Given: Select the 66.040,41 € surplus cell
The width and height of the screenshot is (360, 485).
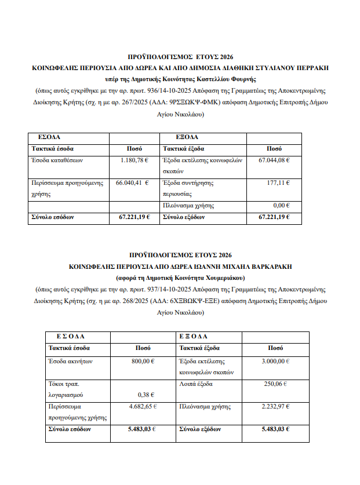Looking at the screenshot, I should [132, 183].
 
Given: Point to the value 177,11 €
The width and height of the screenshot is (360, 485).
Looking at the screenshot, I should [279, 183].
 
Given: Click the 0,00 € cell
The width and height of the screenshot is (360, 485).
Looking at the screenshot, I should [281, 206].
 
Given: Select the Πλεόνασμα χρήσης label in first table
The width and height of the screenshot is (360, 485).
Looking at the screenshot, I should [188, 206].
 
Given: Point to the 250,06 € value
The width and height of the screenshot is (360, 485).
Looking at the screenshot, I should [277, 384].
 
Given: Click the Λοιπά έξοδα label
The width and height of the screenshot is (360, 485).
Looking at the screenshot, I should [196, 384].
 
